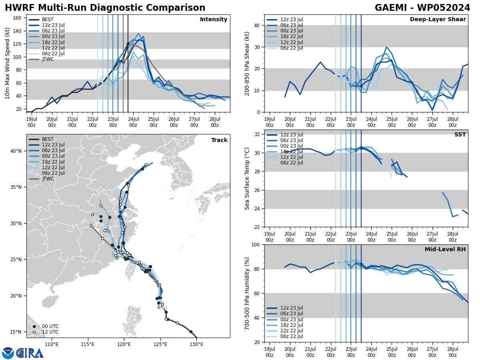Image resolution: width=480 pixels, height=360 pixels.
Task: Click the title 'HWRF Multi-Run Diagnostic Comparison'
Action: (x=105, y=8)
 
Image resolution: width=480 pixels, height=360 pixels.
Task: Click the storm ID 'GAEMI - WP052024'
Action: (x=422, y=8)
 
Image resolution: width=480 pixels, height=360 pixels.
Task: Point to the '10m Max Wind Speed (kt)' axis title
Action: (x=8, y=63)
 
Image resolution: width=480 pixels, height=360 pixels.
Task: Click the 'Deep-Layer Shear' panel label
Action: (x=438, y=20)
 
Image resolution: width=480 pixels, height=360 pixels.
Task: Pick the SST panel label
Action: (x=460, y=135)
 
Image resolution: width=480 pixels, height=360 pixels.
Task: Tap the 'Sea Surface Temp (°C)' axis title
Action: (x=247, y=178)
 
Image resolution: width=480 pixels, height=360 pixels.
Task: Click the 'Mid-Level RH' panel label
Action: (x=445, y=250)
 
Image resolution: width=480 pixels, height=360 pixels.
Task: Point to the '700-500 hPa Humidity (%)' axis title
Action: (x=248, y=293)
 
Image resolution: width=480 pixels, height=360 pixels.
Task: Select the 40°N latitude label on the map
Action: (x=16, y=151)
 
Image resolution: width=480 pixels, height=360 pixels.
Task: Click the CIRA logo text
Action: (x=30, y=353)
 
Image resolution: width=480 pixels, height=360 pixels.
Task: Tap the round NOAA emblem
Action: (x=8, y=353)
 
